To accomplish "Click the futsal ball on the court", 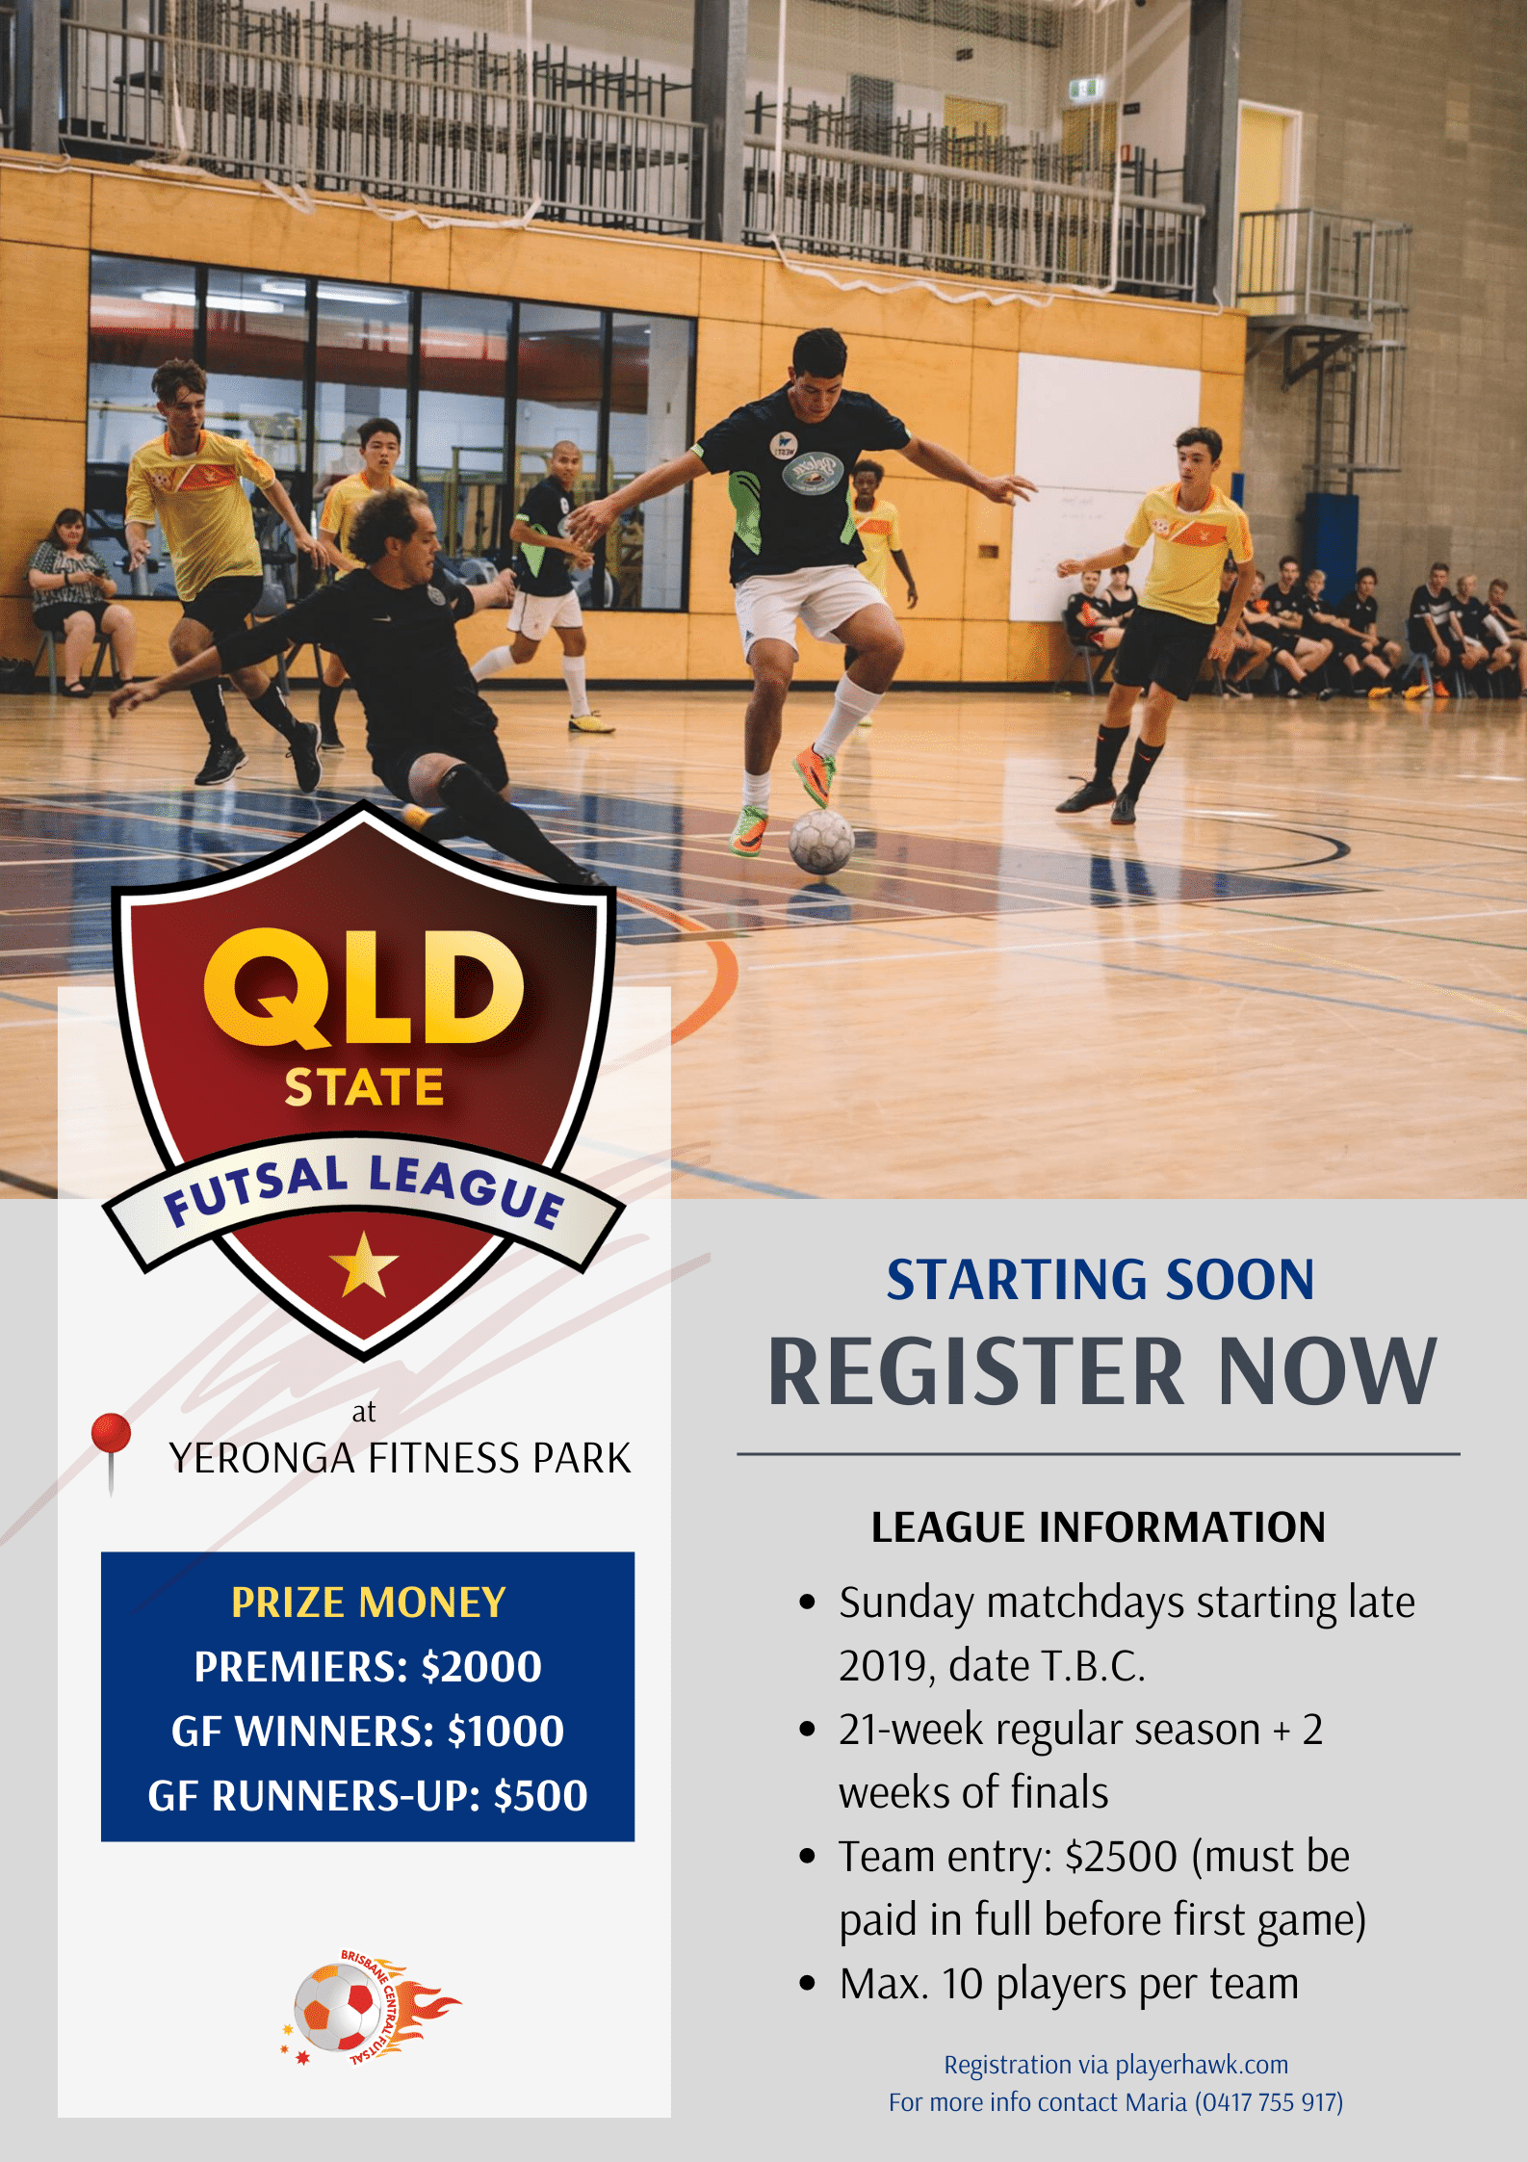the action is (x=821, y=842).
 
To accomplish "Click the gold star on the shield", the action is (x=363, y=1264).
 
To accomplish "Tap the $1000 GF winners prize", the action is (x=505, y=1732).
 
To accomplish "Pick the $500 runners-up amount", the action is (x=540, y=1796).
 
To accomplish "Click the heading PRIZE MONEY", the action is (x=369, y=1602).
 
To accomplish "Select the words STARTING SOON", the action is (x=1101, y=1280).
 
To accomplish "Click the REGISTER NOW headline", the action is (x=1101, y=1371).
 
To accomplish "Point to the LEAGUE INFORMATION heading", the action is (x=1099, y=1527).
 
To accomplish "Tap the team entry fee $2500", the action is (x=1122, y=1857).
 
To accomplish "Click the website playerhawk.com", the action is (x=1202, y=2065).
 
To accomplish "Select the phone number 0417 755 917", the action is (x=1269, y=2102).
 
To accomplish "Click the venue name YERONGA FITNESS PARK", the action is (x=400, y=1459).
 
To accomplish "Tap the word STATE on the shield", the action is (x=364, y=1086).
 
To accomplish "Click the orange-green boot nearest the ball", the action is (x=814, y=775).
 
